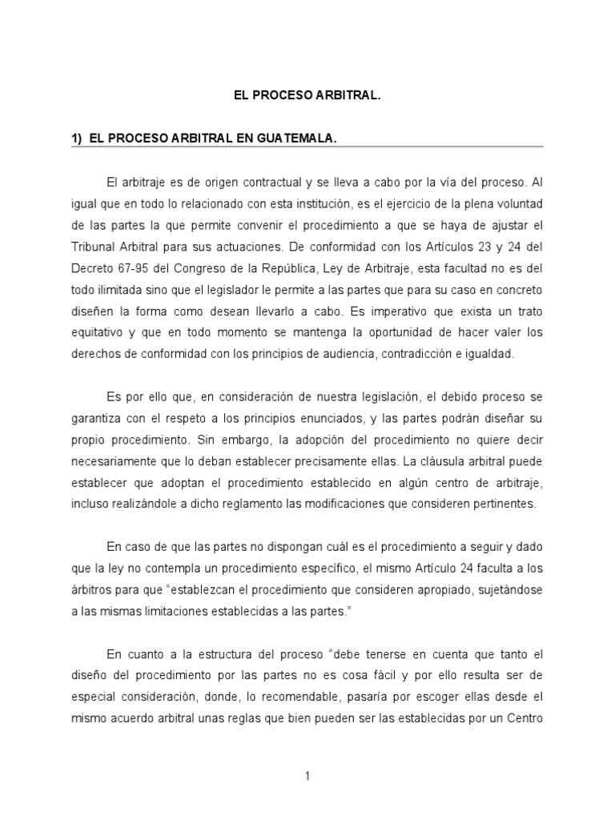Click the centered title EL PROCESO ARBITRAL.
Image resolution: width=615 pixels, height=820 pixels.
307,95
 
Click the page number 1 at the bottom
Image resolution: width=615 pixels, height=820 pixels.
307,775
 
